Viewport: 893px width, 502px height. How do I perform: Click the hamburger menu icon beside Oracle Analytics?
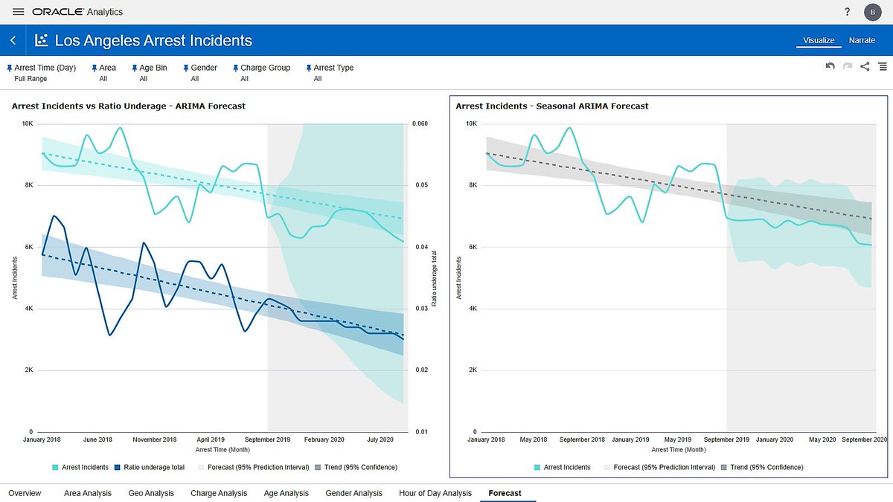(18, 12)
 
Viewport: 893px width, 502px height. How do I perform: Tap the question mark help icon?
(847, 12)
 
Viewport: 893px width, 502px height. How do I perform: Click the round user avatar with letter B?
(872, 12)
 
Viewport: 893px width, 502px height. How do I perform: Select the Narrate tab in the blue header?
(862, 40)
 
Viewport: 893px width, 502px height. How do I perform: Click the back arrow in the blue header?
(13, 40)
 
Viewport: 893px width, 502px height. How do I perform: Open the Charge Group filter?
(265, 68)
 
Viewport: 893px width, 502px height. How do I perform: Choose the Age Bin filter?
(153, 68)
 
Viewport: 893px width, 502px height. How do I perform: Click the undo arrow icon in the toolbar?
(830, 66)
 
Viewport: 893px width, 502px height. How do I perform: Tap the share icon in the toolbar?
(864, 66)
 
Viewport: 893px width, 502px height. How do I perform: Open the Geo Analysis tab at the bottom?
(150, 493)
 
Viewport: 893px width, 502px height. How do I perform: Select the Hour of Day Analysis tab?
(435, 493)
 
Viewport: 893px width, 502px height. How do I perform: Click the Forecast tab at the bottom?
(505, 493)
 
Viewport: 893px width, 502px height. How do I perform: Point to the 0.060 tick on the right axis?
(420, 123)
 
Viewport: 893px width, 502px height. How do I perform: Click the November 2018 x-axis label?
(154, 440)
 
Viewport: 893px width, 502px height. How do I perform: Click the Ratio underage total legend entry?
(150, 467)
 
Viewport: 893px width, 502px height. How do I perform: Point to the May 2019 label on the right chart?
(677, 440)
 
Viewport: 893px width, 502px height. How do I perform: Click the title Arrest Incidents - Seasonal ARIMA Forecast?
(551, 106)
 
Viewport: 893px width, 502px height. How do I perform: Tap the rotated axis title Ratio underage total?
(434, 278)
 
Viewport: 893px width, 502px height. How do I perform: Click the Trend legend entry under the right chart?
(762, 467)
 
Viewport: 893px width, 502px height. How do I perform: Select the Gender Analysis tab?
(353, 493)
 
